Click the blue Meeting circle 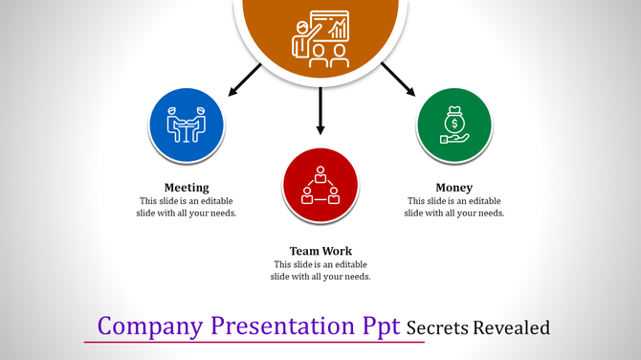tap(187, 125)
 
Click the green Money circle tap(454, 125)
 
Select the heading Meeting tap(187, 187)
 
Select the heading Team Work tap(320, 251)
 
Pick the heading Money tap(454, 187)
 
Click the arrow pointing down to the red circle tap(320, 110)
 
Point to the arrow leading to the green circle tap(398, 79)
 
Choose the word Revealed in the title tap(514, 327)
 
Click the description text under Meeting tap(187, 207)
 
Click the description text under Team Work tap(320, 270)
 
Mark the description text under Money tap(454, 207)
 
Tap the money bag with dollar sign tap(454, 122)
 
